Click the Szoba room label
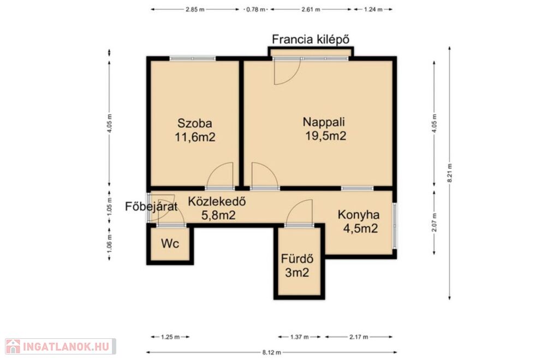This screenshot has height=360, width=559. coord(195,123)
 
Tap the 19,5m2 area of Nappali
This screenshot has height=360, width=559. coord(325,136)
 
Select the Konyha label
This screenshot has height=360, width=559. coord(358,215)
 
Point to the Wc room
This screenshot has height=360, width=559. coord(170,244)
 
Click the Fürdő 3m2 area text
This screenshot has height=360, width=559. coord(297,272)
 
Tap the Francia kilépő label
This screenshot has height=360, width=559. coord(311,39)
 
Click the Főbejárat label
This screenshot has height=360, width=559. coord(151,207)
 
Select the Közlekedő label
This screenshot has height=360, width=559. coord(217,201)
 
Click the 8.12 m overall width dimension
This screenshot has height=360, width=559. coord(272,352)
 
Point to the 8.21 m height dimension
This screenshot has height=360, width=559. coord(450,173)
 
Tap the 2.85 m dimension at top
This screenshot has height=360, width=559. coord(195,10)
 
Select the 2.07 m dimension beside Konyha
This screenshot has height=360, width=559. coord(434,223)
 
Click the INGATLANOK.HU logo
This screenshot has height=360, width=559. coord(60,346)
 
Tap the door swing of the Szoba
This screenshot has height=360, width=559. coord(220,175)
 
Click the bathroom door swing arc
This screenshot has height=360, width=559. coord(299,212)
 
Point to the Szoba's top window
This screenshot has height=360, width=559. coord(193,58)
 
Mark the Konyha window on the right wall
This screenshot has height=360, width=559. coord(394,225)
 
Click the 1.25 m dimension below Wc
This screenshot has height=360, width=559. coord(170,337)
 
